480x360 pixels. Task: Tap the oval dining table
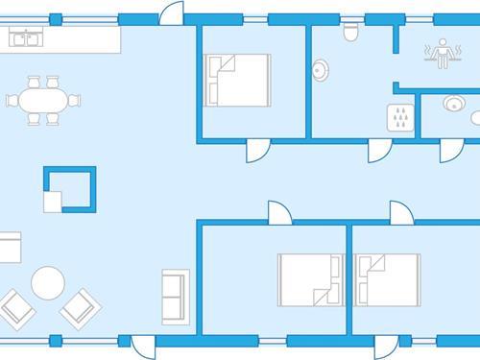pyautogui.click(x=43, y=100)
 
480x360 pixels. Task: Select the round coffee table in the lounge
pyautogui.click(x=48, y=282)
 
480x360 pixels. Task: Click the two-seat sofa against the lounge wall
pyautogui.click(x=174, y=297)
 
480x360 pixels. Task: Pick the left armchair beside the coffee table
pyautogui.click(x=18, y=307)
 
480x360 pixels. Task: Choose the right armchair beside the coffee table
pyautogui.click(x=80, y=307)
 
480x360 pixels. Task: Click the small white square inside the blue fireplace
pyautogui.click(x=52, y=200)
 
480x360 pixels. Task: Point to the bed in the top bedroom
pyautogui.click(x=237, y=79)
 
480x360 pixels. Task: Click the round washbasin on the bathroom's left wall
pyautogui.click(x=321, y=69)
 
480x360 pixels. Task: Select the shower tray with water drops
pyautogui.click(x=400, y=117)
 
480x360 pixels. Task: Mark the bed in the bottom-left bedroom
pyautogui.click(x=310, y=278)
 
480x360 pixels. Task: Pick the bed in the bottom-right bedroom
pyautogui.click(x=387, y=278)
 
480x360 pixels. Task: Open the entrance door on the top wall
pyautogui.click(x=171, y=13)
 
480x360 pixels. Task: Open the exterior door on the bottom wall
pyautogui.click(x=142, y=347)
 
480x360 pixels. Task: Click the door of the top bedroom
pyautogui.click(x=258, y=151)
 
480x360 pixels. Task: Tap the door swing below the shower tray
pyautogui.click(x=380, y=151)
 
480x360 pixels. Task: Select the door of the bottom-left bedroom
pyautogui.click(x=277, y=212)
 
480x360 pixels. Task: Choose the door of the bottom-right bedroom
pyautogui.click(x=400, y=212)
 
